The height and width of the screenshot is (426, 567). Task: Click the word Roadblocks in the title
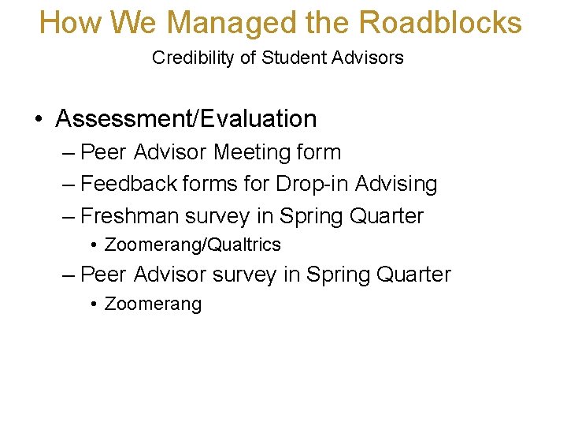click(439, 22)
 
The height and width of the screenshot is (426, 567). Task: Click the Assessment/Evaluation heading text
click(186, 119)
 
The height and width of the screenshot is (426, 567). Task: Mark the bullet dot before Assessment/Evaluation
click(39, 120)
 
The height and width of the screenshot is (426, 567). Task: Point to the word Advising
click(396, 184)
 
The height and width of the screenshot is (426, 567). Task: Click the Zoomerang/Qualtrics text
click(192, 245)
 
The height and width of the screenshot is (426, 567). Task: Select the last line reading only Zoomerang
click(153, 304)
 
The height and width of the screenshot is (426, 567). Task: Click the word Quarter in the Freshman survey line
click(387, 215)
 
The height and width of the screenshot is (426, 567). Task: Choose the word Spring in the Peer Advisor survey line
click(341, 275)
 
